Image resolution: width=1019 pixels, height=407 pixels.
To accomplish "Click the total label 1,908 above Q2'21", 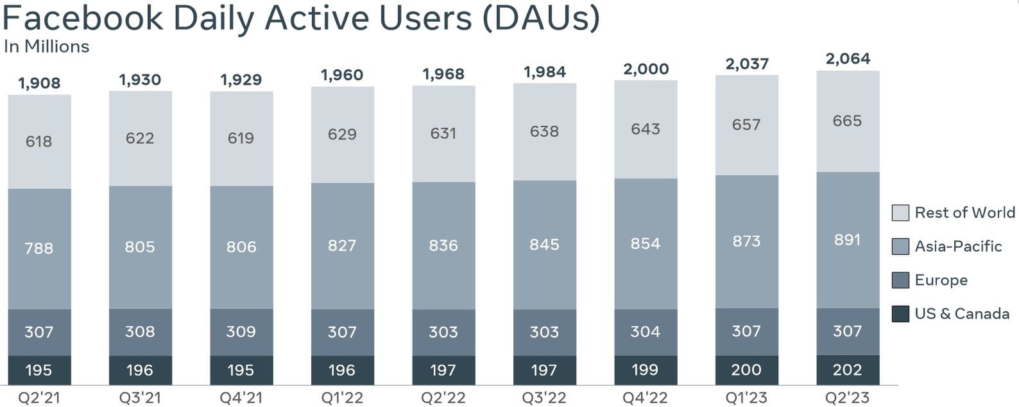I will (x=39, y=83).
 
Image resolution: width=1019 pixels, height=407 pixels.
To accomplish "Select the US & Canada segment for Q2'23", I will (x=848, y=370).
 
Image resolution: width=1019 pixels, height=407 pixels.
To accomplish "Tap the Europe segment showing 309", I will (x=241, y=332).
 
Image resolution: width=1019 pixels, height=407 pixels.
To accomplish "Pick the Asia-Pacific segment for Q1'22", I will (x=342, y=245).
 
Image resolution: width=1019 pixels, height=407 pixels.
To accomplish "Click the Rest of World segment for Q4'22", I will (x=646, y=129).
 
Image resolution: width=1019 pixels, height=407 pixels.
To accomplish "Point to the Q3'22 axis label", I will (x=544, y=398).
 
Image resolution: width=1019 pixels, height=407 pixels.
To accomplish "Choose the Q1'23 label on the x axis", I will (x=746, y=398).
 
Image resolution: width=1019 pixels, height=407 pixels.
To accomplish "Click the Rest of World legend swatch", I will (x=900, y=213).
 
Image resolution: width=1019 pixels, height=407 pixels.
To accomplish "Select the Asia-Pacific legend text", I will (x=958, y=247).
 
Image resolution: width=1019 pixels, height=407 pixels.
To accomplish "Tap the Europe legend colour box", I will (x=900, y=280).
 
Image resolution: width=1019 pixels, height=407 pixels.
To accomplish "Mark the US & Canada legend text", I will (x=962, y=314).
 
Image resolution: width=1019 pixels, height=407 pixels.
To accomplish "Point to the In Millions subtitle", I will (x=46, y=47).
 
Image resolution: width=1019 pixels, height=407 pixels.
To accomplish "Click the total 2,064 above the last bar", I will (x=848, y=59).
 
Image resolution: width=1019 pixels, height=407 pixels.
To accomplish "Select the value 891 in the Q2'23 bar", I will (x=848, y=240).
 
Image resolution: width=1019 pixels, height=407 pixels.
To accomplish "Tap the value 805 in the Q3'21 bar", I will (x=140, y=247).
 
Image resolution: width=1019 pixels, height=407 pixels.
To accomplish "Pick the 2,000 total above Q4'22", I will (x=646, y=69).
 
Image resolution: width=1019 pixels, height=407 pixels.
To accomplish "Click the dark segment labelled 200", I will (x=746, y=370).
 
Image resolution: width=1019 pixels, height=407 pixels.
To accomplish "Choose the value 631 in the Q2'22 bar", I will (x=443, y=134).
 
